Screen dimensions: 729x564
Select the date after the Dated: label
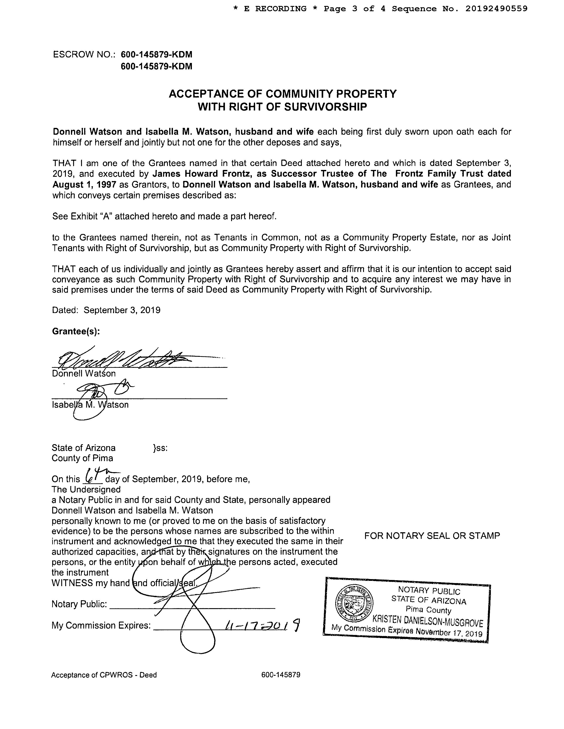click(x=122, y=310)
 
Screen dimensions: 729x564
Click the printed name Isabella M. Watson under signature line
click(x=90, y=405)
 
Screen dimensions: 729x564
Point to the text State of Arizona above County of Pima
click(x=83, y=448)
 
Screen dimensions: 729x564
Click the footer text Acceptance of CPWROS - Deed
click(x=104, y=675)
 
